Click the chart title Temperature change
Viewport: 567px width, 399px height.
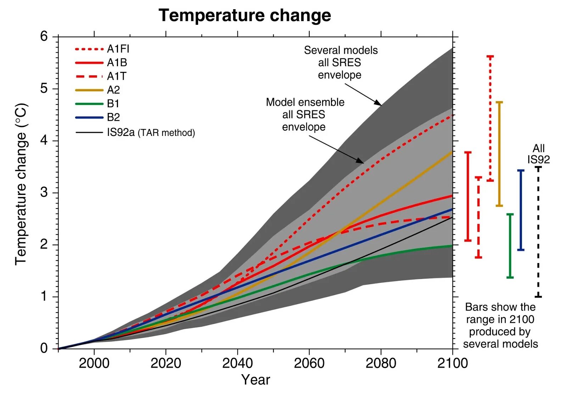pos(245,16)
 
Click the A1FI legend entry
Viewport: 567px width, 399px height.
pos(118,49)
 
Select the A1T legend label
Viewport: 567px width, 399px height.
pos(117,76)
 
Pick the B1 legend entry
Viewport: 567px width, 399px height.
pos(113,104)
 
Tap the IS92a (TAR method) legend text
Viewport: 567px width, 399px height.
pos(151,132)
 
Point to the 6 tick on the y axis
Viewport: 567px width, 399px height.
pos(44,36)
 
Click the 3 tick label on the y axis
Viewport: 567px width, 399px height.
pos(44,193)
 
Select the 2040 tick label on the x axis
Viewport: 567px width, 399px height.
pos(237,363)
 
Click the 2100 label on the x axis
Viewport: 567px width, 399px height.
pos(453,363)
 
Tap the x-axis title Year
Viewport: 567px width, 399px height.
pos(256,380)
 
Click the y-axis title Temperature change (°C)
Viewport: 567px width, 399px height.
pos(21,184)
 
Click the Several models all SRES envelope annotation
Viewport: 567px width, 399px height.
pos(341,63)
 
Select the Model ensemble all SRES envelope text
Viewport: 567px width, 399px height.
pos(305,115)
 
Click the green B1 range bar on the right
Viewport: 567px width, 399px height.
pos(510,246)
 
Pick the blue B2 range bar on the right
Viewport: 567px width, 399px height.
pos(521,210)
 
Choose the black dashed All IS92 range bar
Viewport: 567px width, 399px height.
pos(538,232)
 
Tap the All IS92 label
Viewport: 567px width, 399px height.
pos(538,154)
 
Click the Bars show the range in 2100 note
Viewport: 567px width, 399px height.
pos(500,325)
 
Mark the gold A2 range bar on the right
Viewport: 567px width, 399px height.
pos(499,154)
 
